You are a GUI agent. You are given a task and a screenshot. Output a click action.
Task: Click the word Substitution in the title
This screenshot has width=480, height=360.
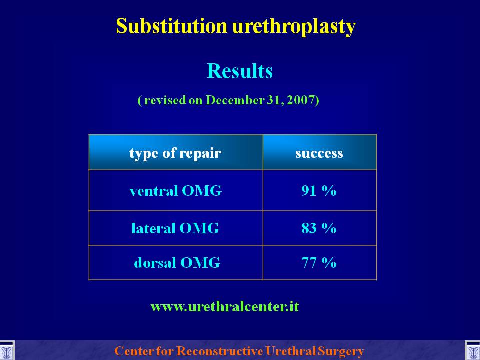[x=171, y=26]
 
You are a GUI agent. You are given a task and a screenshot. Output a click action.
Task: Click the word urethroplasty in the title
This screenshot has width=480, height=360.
[x=294, y=27]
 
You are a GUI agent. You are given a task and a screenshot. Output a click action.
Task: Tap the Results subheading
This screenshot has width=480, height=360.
[x=239, y=71]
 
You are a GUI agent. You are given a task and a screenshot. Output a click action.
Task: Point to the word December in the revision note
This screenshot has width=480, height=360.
[x=235, y=100]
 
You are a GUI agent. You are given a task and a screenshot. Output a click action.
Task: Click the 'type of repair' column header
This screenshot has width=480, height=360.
[x=175, y=153]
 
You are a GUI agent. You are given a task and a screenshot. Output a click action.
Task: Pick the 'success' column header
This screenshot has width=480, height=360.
[x=319, y=153]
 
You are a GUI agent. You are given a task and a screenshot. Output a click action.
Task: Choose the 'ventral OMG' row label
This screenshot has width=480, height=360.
[x=175, y=191]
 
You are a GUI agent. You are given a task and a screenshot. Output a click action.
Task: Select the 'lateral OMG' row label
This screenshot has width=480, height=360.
[x=175, y=228]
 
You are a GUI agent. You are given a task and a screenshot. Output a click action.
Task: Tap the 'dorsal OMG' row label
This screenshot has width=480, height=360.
[x=177, y=263]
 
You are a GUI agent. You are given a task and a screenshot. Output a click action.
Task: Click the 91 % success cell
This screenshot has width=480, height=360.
[x=319, y=191]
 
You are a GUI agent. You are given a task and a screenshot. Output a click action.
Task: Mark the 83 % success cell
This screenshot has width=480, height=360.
[x=319, y=228]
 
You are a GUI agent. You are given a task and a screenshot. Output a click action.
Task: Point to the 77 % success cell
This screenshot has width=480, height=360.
[x=319, y=263]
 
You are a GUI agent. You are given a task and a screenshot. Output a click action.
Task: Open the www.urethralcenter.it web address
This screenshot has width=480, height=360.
[x=225, y=306]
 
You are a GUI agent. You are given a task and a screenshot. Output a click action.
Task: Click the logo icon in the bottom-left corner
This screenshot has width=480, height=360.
[x=6, y=351]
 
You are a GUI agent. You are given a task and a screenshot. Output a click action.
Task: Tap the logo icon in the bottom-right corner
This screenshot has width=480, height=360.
[x=472, y=351]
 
